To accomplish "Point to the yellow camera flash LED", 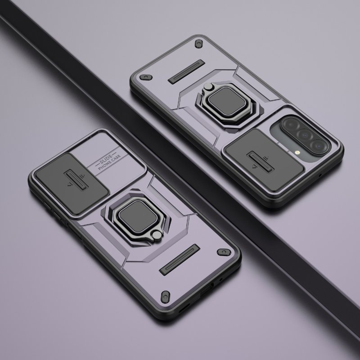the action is tap(297, 152).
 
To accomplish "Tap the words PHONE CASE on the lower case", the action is tap(109, 162).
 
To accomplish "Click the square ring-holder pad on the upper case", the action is tap(227, 102).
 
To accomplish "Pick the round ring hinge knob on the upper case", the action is tap(208, 86).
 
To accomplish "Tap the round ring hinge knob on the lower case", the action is tap(157, 235).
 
